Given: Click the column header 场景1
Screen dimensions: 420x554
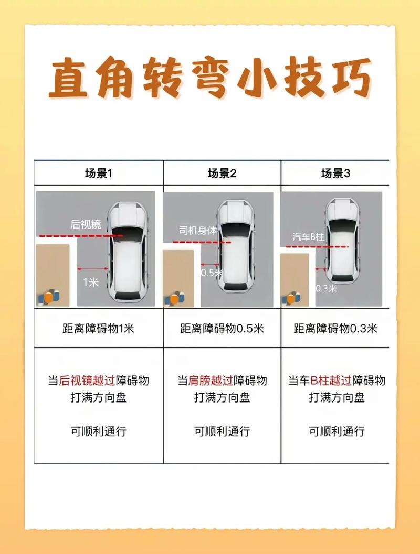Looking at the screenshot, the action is click(98, 173).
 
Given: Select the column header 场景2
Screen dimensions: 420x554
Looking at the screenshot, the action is click(222, 173).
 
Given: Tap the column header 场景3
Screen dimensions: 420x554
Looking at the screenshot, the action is click(335, 173).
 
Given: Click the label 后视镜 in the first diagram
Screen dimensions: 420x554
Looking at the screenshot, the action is click(86, 224).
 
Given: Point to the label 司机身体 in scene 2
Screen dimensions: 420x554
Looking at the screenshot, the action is click(198, 231).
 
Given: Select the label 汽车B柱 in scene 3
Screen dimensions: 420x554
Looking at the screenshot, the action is click(309, 237).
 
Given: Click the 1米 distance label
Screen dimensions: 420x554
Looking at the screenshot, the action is click(91, 282).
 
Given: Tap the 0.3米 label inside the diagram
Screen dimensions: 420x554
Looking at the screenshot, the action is click(326, 289).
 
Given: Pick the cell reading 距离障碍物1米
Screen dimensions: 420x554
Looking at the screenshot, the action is click(98, 329).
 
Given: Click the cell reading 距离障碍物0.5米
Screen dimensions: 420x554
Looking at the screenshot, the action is click(222, 329).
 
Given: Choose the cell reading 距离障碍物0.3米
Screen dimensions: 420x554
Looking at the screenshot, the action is click(335, 329).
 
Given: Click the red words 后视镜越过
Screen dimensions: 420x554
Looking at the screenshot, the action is click(87, 381).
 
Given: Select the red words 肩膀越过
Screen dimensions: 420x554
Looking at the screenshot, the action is click(211, 381).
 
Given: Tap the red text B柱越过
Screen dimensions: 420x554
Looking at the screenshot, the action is click(331, 381).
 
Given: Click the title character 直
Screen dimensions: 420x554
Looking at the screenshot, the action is click(68, 79).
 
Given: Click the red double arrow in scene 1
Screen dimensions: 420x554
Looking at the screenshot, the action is click(93, 269).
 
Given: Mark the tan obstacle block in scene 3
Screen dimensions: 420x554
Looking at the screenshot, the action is click(295, 279).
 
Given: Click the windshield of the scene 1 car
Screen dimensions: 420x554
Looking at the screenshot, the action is click(129, 232).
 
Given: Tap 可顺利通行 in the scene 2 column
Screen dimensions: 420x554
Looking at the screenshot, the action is click(222, 431).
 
